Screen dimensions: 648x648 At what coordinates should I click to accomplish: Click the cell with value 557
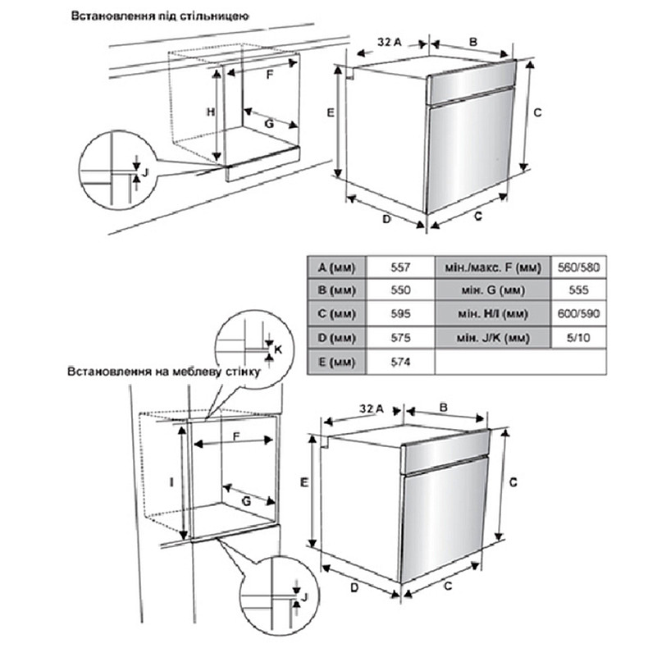click(x=399, y=267)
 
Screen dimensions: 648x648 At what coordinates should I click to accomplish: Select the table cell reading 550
click(x=399, y=290)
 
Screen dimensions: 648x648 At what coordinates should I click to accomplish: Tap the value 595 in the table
click(x=399, y=314)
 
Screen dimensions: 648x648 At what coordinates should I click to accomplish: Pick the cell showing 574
click(x=399, y=361)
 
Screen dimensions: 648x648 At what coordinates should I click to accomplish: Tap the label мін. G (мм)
click(x=492, y=290)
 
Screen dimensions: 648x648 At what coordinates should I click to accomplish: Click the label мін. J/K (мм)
click(x=492, y=337)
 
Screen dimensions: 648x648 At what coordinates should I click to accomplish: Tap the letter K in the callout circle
click(x=277, y=349)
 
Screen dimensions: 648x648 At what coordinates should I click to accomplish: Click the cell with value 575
click(x=399, y=337)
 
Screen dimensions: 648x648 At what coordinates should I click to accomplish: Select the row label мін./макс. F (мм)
click(x=492, y=267)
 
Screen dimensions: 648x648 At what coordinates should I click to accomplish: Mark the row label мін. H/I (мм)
click(x=492, y=314)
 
